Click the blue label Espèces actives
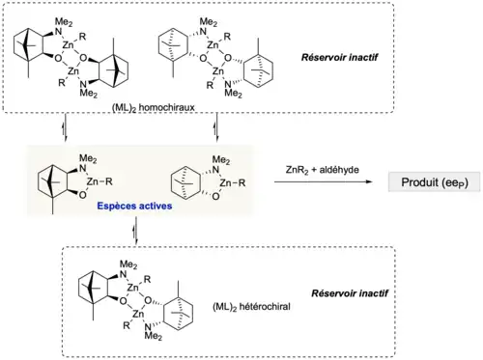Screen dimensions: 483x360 (x=134, y=206)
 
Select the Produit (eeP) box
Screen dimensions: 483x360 (x=434, y=182)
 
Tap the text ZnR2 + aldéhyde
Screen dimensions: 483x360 (x=322, y=170)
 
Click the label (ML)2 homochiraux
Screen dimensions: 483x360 (x=154, y=107)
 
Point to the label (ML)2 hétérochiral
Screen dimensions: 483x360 (x=251, y=307)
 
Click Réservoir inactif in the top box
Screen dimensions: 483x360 (x=339, y=58)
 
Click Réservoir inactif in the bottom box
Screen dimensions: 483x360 (x=350, y=293)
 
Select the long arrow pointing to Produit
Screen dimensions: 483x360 (x=323, y=182)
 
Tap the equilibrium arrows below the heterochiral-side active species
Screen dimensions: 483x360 (x=136, y=231)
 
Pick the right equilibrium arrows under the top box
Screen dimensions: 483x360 (x=216, y=127)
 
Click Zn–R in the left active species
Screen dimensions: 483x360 (x=99, y=182)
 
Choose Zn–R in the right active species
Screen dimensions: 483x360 (x=233, y=183)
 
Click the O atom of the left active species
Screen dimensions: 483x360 (x=82, y=195)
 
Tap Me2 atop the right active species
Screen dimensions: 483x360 (x=221, y=159)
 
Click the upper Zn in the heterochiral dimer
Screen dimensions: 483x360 (x=133, y=288)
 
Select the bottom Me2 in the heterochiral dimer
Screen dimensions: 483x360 (x=154, y=336)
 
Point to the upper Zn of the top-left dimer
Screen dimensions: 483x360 (x=69, y=45)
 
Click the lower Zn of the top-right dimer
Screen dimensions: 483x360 (x=218, y=70)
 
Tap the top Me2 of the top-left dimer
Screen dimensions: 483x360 (x=64, y=22)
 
